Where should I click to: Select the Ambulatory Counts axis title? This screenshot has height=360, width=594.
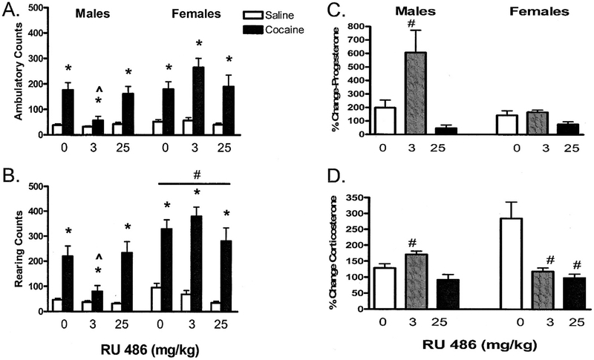pyautogui.click(x=10, y=74)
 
